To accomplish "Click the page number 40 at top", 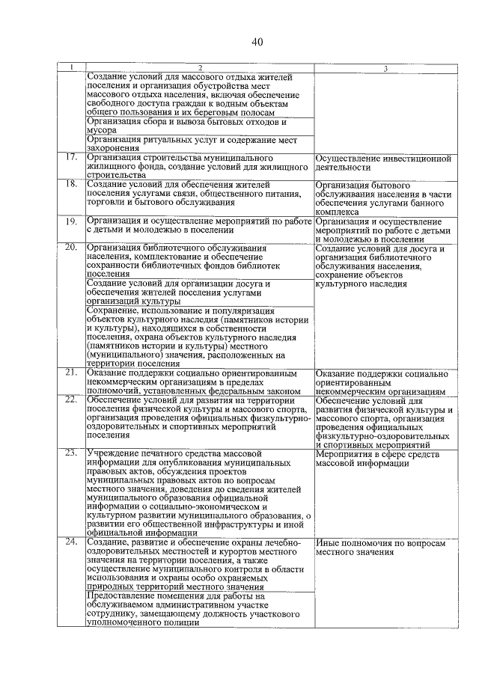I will [257, 41].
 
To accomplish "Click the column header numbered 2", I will [200, 69].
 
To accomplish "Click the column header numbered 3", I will [384, 69].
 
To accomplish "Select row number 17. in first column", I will [71, 158].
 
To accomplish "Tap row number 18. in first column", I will [71, 183].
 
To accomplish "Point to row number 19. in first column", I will [71, 222].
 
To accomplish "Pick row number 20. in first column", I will [71, 248].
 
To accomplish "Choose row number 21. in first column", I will [71, 373].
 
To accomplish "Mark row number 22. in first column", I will [71, 400].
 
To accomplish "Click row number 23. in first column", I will [71, 453].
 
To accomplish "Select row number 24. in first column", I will [71, 542].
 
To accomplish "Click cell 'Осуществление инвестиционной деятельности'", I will [383, 164].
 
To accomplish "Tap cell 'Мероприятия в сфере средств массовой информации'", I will [383, 459].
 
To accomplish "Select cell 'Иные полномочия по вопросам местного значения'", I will [383, 548].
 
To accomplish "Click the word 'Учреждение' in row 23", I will [112, 453].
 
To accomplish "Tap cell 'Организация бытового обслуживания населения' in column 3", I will [383, 197].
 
